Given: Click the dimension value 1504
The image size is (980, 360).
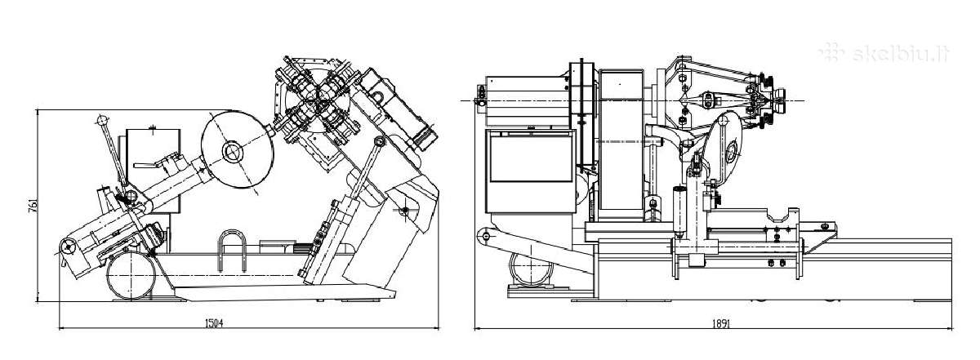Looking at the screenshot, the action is coord(214,323).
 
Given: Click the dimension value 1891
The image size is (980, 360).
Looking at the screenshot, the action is coord(721,324).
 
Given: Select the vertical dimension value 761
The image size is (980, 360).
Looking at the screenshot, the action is coord(33,206).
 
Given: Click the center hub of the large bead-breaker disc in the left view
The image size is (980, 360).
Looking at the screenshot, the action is coord(232,152).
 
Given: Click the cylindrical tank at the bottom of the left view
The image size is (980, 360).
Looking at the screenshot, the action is coord(131,276).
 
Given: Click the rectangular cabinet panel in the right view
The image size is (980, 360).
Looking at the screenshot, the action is coord(531,158).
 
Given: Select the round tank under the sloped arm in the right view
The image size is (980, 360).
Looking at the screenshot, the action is coord(530,267).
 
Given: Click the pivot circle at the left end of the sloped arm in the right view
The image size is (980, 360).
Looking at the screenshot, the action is coord(485,237).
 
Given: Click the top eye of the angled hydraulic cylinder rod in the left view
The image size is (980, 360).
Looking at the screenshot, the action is coord(379,141).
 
